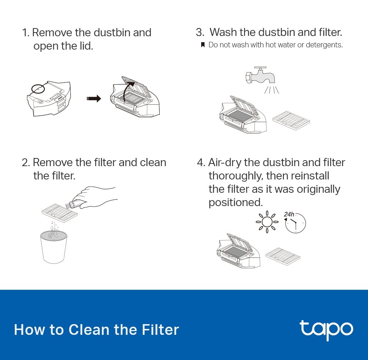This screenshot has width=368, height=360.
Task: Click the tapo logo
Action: click(x=326, y=329)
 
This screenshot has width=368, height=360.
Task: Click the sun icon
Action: click(x=267, y=222)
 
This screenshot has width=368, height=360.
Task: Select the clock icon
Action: click(x=296, y=223)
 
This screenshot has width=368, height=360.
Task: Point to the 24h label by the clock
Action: click(x=289, y=214)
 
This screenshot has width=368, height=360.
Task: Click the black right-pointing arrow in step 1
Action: click(x=94, y=98)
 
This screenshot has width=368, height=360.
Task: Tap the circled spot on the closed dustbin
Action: click(x=38, y=89)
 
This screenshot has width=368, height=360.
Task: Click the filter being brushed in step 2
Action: click(x=60, y=213)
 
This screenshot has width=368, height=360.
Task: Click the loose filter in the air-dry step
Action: click(x=283, y=257)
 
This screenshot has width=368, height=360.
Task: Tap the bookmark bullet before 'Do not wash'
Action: click(x=203, y=45)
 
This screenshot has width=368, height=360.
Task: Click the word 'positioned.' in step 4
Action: click(x=236, y=202)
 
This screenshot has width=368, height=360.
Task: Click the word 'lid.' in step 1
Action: click(x=87, y=46)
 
